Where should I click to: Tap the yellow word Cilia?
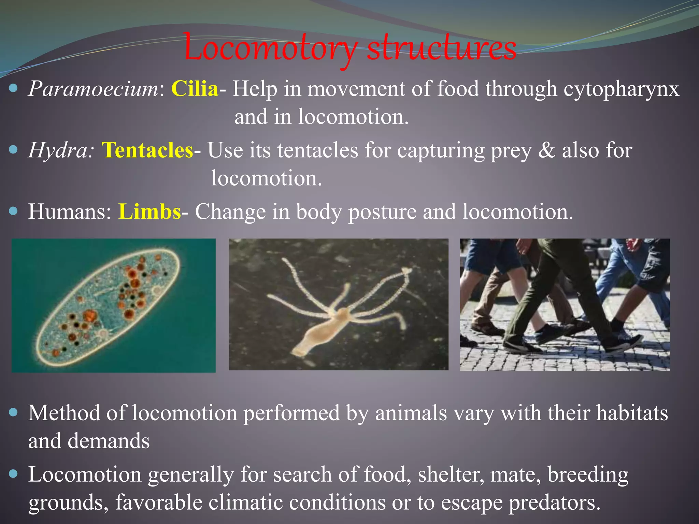tap(195, 89)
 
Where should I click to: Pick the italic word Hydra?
tap(58, 150)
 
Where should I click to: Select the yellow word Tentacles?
tap(147, 150)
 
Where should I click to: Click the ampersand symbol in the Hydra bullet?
tap(546, 150)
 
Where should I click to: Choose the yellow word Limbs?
tap(149, 212)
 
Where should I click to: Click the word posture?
tap(382, 213)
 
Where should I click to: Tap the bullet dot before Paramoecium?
tap(13, 89)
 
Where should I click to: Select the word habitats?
tap(631, 413)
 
